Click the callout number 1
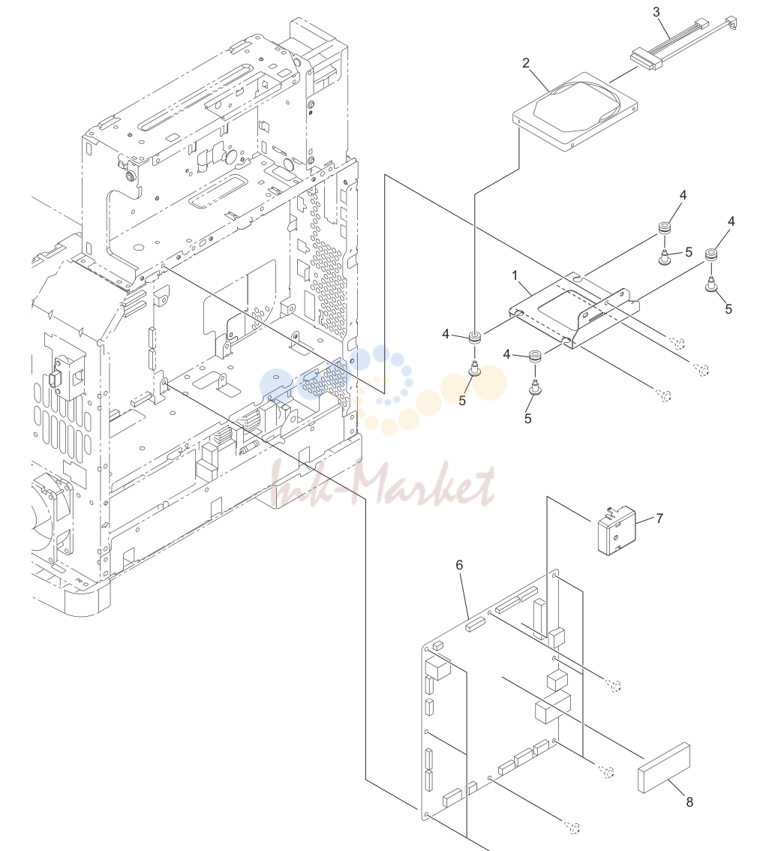pos(515,275)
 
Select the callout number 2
pos(526,63)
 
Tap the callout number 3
pos(656,11)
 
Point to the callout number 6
pos(459,565)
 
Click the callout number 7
pos(659,519)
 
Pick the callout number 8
pos(689,801)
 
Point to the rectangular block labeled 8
pos(664,768)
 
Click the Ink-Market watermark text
pos(383,483)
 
